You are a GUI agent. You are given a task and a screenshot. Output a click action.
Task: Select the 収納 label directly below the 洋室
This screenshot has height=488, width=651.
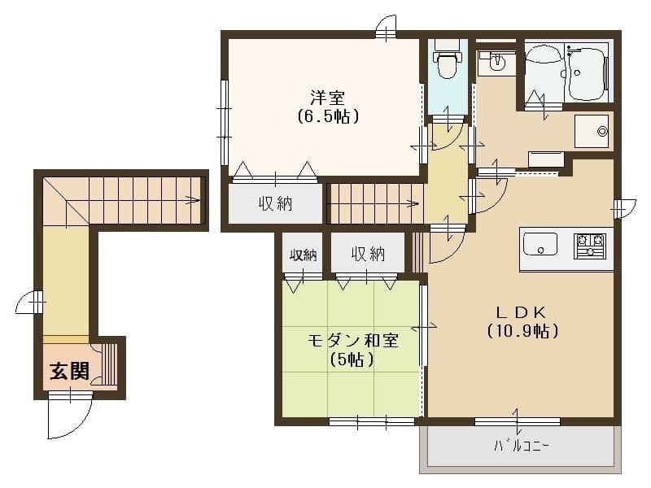click(x=276, y=203)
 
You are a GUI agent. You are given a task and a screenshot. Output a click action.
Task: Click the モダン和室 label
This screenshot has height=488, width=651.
click(x=352, y=340)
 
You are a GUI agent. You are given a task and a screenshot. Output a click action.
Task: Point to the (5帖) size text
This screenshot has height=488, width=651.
click(x=352, y=359)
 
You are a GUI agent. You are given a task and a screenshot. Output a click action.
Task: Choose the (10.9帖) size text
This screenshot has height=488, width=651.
click(x=522, y=331)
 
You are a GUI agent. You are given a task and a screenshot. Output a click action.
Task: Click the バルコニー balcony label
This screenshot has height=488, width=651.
click(x=522, y=447)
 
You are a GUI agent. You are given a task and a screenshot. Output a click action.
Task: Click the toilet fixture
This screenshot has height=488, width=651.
click(x=446, y=64)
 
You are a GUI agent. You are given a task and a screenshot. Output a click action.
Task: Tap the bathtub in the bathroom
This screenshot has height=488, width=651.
click(x=587, y=73)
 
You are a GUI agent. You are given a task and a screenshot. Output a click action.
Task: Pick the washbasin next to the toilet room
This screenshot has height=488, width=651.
click(x=496, y=62)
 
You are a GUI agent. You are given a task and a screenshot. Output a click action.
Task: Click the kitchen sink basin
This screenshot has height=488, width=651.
click(x=540, y=243)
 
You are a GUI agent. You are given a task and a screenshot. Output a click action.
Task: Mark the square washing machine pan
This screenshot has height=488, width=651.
click(x=592, y=131)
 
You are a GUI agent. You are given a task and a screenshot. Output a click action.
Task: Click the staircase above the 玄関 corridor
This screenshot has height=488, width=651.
click(x=122, y=199)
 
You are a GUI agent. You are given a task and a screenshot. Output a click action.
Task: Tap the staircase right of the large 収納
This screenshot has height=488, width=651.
click(x=374, y=203)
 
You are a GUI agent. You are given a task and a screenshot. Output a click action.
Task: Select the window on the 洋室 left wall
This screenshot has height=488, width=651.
click(x=222, y=122)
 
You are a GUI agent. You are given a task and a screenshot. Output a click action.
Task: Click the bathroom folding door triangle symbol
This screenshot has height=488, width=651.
click(x=535, y=101)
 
